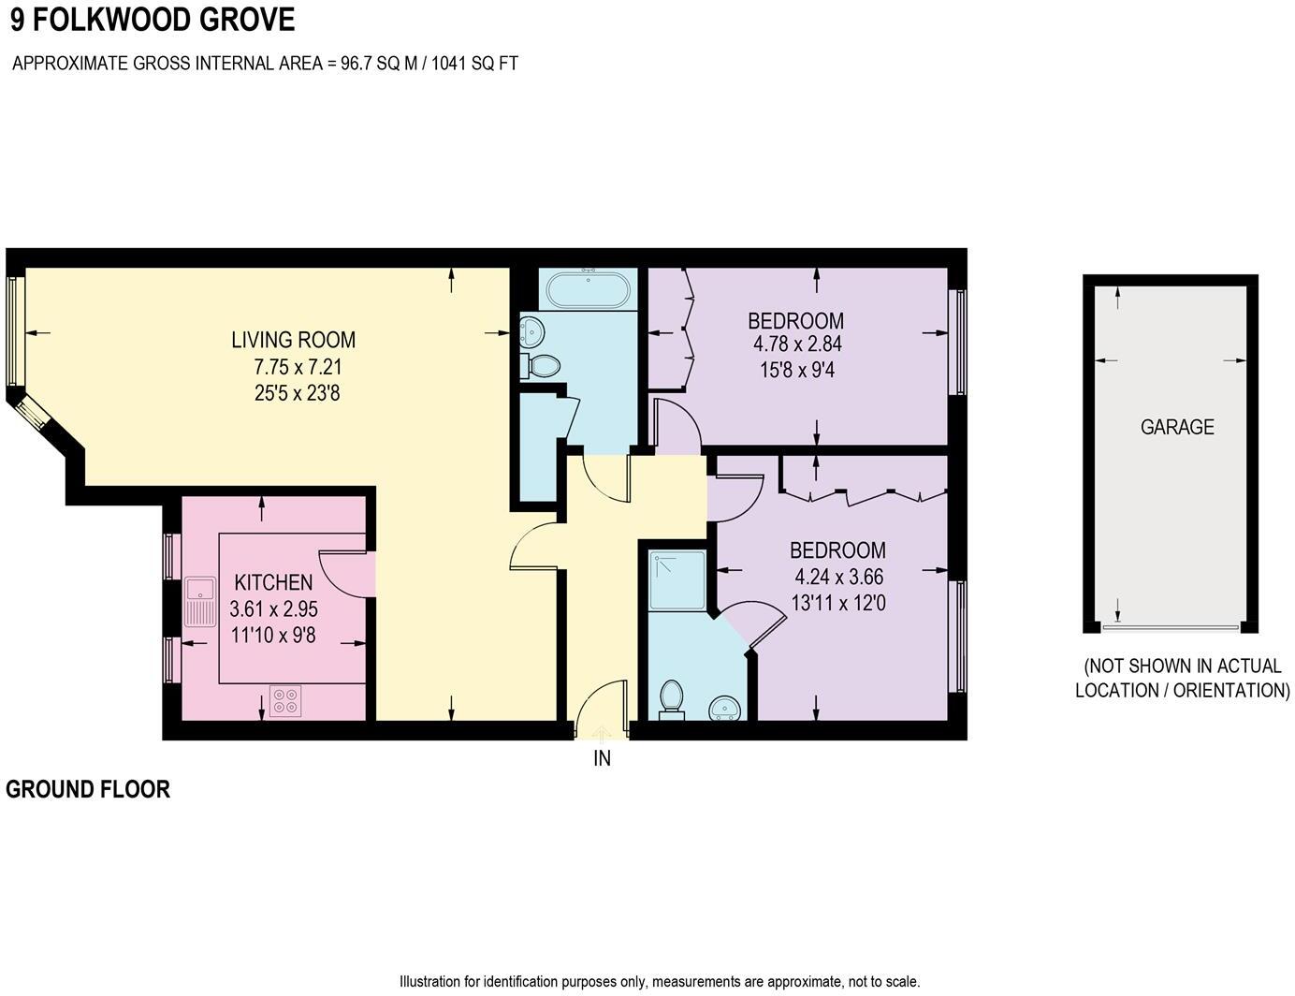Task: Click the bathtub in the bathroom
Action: click(588, 289)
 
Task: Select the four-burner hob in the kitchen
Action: click(285, 701)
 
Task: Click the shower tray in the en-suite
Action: click(677, 581)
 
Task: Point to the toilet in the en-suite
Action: click(671, 699)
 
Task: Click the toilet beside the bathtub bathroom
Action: click(540, 366)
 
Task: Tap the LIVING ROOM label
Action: click(293, 340)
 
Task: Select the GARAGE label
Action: click(1177, 427)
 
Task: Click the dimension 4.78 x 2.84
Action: click(796, 344)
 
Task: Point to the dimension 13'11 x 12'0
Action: click(837, 604)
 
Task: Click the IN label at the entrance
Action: click(602, 758)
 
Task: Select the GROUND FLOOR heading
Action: click(88, 789)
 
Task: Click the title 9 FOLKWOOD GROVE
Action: click(153, 20)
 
